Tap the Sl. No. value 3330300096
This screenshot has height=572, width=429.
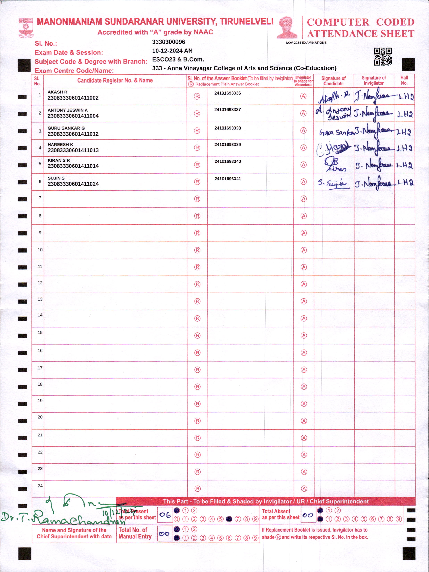coord(168,42)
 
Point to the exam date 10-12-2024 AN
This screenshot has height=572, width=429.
coord(172,51)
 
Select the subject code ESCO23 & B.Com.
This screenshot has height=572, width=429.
coord(178,59)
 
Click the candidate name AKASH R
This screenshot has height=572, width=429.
coord(57,92)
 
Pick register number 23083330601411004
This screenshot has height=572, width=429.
coord(73,116)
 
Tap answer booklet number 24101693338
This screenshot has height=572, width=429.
coord(228,128)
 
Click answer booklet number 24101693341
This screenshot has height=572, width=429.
coord(228,179)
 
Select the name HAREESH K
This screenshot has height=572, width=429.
coord(60,145)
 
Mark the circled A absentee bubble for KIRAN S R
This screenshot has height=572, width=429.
coord(304,165)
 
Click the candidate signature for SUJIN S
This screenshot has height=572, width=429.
coord(333,183)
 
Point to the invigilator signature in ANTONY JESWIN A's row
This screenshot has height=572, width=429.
coord(373,113)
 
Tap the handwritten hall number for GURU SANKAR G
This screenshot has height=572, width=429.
coord(404,132)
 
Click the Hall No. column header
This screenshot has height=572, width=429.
coord(404,80)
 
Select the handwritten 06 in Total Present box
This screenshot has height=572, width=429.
coord(165,515)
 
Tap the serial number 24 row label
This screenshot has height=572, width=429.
coord(40,486)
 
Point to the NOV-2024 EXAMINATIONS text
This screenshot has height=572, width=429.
coord(306,43)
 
